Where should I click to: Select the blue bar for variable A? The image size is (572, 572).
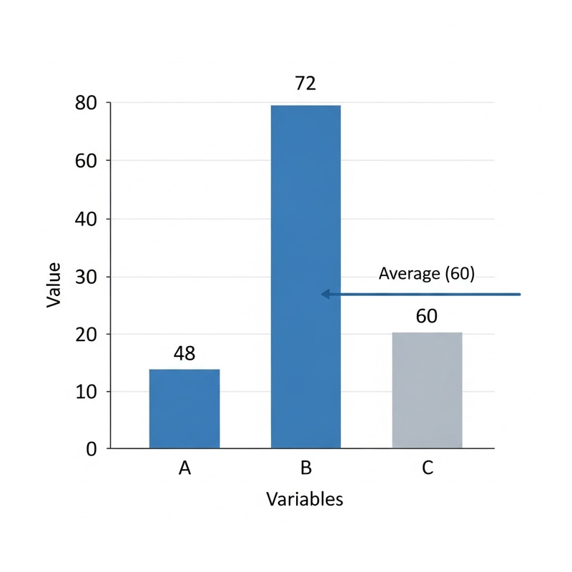(x=184, y=408)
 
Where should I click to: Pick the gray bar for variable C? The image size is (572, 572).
(x=427, y=390)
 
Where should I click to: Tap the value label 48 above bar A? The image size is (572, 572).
(x=184, y=353)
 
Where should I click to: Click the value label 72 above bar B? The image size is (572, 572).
(x=305, y=84)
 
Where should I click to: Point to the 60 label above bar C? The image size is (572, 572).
(x=426, y=316)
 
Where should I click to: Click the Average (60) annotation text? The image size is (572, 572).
(x=426, y=273)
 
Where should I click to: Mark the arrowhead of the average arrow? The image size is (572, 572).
(x=325, y=294)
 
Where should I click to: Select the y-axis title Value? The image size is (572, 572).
(x=54, y=285)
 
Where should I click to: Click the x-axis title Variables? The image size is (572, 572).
(x=305, y=498)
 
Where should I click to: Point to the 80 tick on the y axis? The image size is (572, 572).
(x=86, y=103)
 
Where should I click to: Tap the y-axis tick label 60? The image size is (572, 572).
(x=86, y=161)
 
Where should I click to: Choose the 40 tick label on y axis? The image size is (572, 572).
(x=86, y=219)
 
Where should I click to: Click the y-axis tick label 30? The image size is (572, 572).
(x=86, y=277)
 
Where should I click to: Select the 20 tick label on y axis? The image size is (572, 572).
(x=86, y=334)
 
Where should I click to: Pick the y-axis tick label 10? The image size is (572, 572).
(x=86, y=392)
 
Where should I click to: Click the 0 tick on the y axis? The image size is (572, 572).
(x=92, y=449)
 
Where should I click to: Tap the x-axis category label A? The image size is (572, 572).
(x=184, y=468)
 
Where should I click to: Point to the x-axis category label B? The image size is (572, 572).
(x=305, y=468)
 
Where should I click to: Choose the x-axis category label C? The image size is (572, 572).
(x=427, y=468)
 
